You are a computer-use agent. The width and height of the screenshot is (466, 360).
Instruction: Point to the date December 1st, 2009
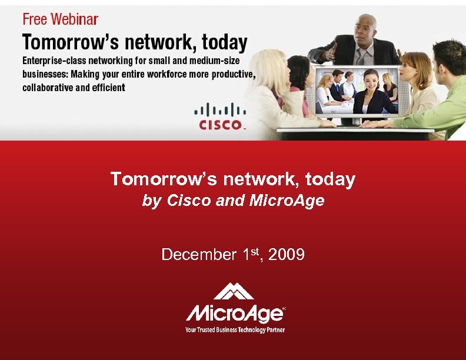point(233,254)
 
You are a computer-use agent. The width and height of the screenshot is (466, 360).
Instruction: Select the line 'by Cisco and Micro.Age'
point(233,201)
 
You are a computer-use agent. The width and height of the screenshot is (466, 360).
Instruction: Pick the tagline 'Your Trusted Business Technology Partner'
point(235,330)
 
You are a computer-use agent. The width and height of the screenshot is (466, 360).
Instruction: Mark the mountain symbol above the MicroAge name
point(234,291)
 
